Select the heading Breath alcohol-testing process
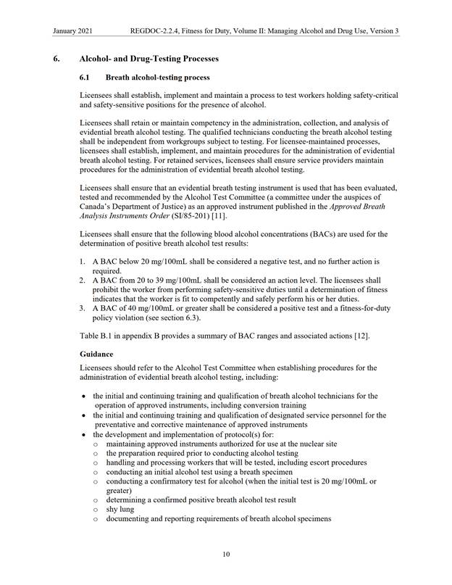click(x=158, y=77)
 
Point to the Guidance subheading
click(x=96, y=354)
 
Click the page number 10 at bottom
click(x=226, y=555)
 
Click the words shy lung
click(x=121, y=510)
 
